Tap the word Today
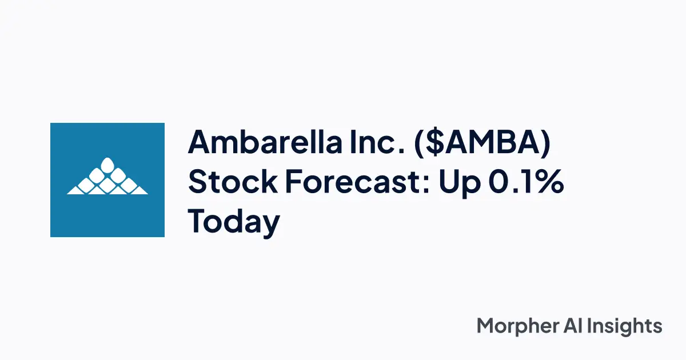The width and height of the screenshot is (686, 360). (234, 222)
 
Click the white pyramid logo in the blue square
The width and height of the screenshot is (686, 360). (107, 177)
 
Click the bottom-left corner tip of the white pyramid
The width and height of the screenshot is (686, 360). (68, 193)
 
